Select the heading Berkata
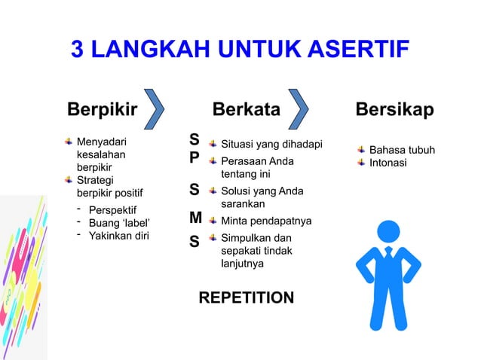point(247,110)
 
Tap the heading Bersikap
point(395,110)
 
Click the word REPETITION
point(247,298)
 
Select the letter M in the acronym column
point(195,218)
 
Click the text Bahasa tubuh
point(402,150)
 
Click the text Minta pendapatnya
point(266,221)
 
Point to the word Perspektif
point(115,209)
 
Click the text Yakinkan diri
point(119,236)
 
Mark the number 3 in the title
point(77,50)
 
